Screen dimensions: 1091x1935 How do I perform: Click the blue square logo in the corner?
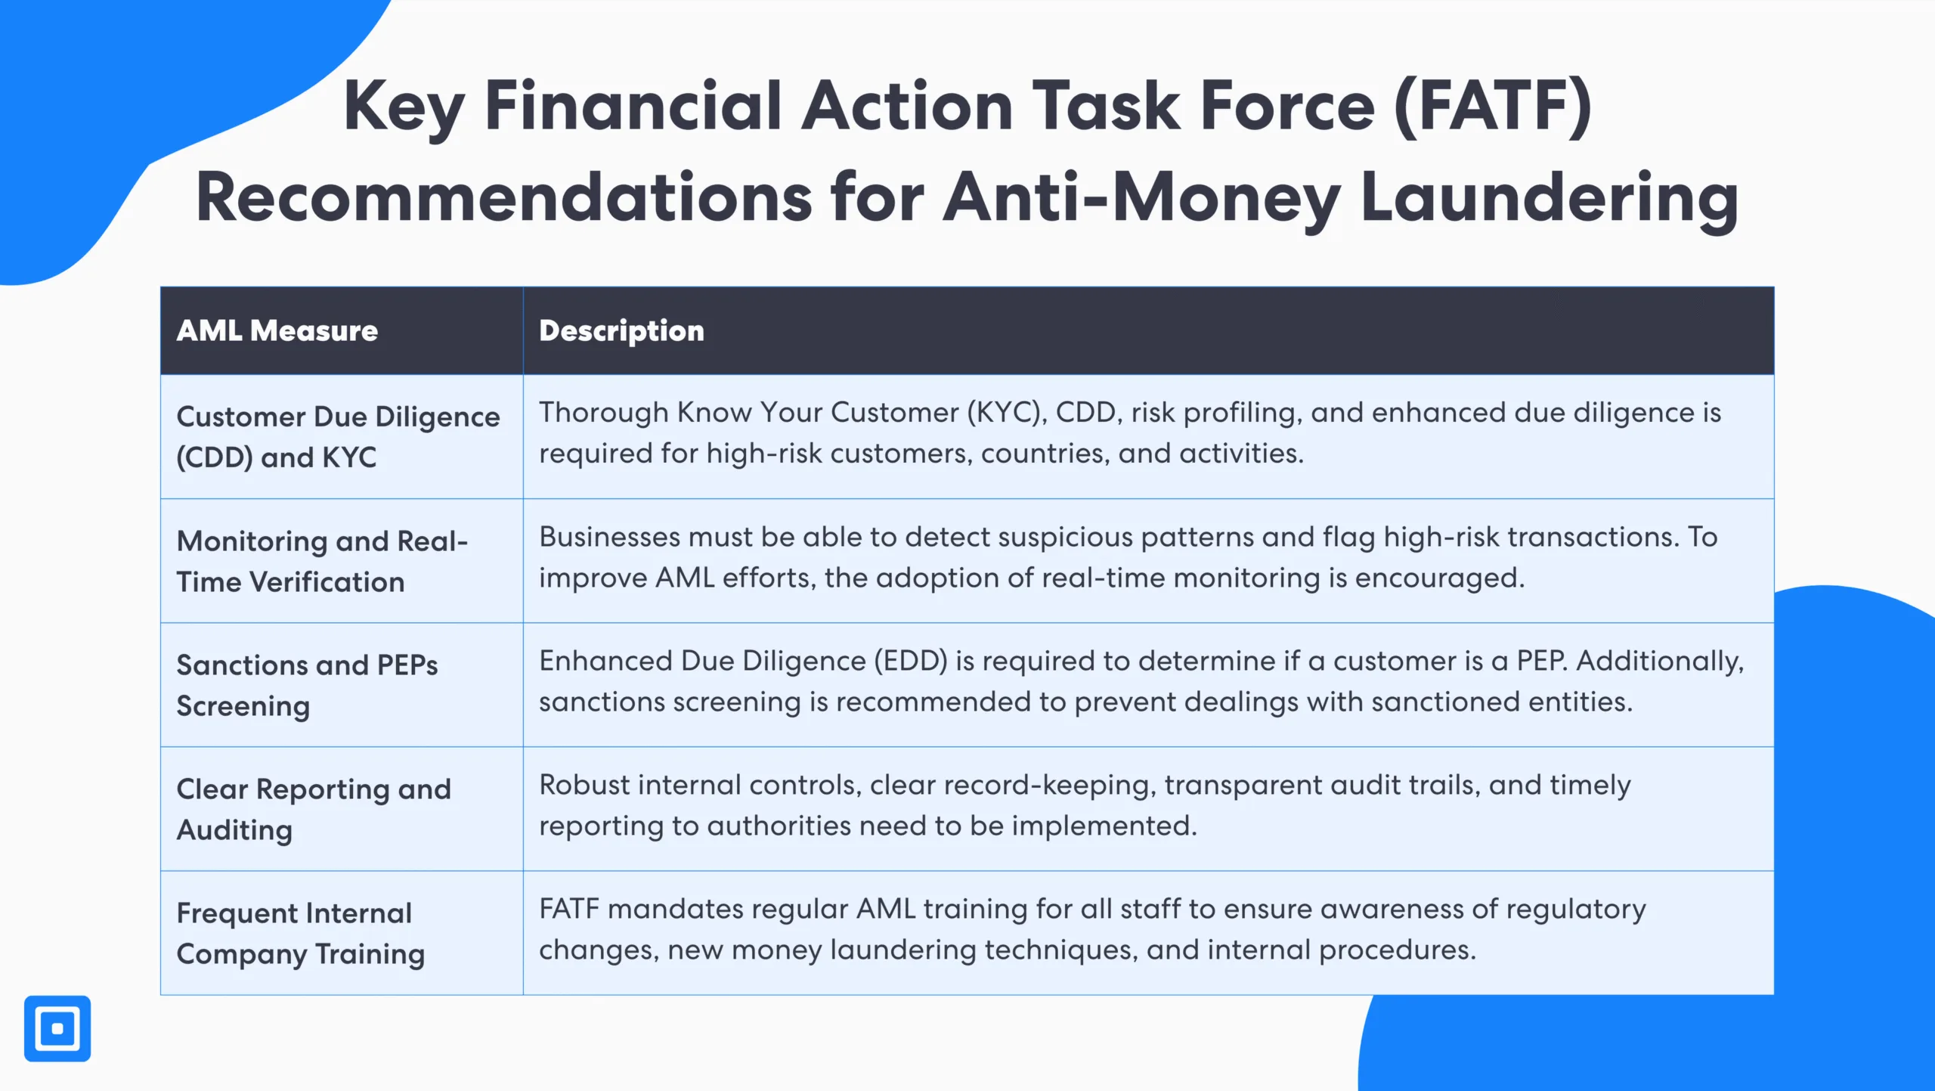tap(57, 1028)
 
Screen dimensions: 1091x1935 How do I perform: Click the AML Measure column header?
tap(277, 331)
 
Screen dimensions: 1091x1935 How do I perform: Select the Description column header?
tap(621, 331)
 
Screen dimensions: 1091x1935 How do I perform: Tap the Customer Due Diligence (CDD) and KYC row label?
tap(338, 437)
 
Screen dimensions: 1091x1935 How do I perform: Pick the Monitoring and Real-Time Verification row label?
tap(322, 561)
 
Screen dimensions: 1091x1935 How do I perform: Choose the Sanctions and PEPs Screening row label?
tap(307, 685)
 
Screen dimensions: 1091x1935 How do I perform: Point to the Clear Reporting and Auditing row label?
tap(314, 809)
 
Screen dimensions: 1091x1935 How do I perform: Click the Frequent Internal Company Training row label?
tap(301, 933)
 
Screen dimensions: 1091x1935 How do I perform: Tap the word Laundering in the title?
tap(1550, 198)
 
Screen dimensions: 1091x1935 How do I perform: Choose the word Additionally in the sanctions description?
tap(1660, 661)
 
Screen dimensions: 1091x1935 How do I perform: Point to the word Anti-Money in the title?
tap(1141, 198)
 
